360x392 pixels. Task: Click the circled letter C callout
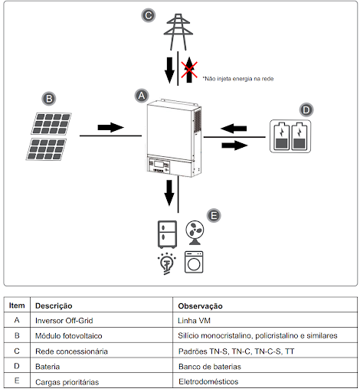tap(149, 15)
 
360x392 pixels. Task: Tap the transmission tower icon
tap(178, 32)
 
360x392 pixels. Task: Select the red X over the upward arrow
tap(189, 70)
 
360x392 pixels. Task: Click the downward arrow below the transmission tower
tap(169, 70)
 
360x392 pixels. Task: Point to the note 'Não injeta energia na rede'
tap(238, 79)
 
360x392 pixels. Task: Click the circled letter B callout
tap(49, 99)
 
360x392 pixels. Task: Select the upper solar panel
tap(51, 123)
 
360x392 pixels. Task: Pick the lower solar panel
tap(46, 149)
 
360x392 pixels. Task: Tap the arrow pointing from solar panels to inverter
tap(111, 127)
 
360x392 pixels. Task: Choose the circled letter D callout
tap(306, 110)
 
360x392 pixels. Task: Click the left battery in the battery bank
tap(281, 136)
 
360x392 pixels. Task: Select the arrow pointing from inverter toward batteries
tap(234, 145)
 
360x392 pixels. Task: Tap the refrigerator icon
tap(167, 234)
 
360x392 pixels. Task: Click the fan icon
tap(195, 233)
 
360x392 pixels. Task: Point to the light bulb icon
tap(167, 263)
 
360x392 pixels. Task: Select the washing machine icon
tap(194, 262)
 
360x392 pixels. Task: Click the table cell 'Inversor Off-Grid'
tap(64, 321)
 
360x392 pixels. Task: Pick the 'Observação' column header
tap(200, 305)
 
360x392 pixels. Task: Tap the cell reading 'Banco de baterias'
tap(210, 367)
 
